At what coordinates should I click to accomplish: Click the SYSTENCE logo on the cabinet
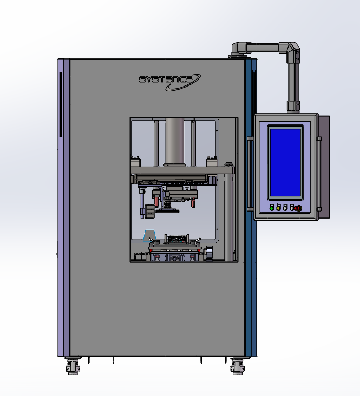[169, 82]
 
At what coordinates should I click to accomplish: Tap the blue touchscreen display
[285, 162]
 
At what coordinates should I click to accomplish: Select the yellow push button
[278, 208]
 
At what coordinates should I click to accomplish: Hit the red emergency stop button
[298, 208]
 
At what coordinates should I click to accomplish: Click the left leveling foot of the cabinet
[73, 366]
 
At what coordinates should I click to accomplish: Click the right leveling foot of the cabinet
[237, 366]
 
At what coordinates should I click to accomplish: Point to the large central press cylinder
[175, 142]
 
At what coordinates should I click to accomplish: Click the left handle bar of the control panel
[250, 174]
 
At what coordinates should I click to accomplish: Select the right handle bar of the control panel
[319, 174]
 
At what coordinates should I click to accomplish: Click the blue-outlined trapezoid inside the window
[149, 235]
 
